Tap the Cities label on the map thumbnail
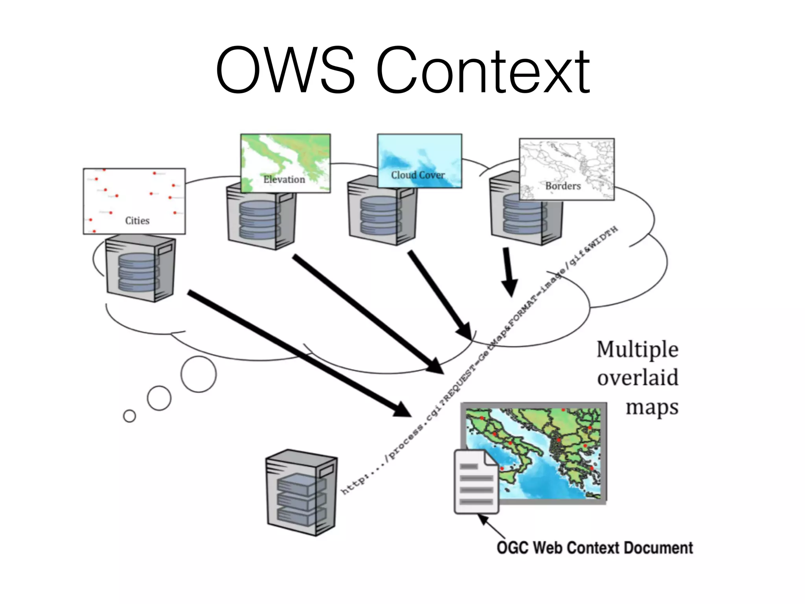[137, 221]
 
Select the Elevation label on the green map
[284, 179]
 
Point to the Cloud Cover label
[418, 175]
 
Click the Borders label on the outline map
[563, 186]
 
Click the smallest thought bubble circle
[129, 416]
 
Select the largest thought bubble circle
[198, 374]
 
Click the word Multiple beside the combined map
[637, 349]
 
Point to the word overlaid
[638, 378]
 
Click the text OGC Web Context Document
[594, 548]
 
